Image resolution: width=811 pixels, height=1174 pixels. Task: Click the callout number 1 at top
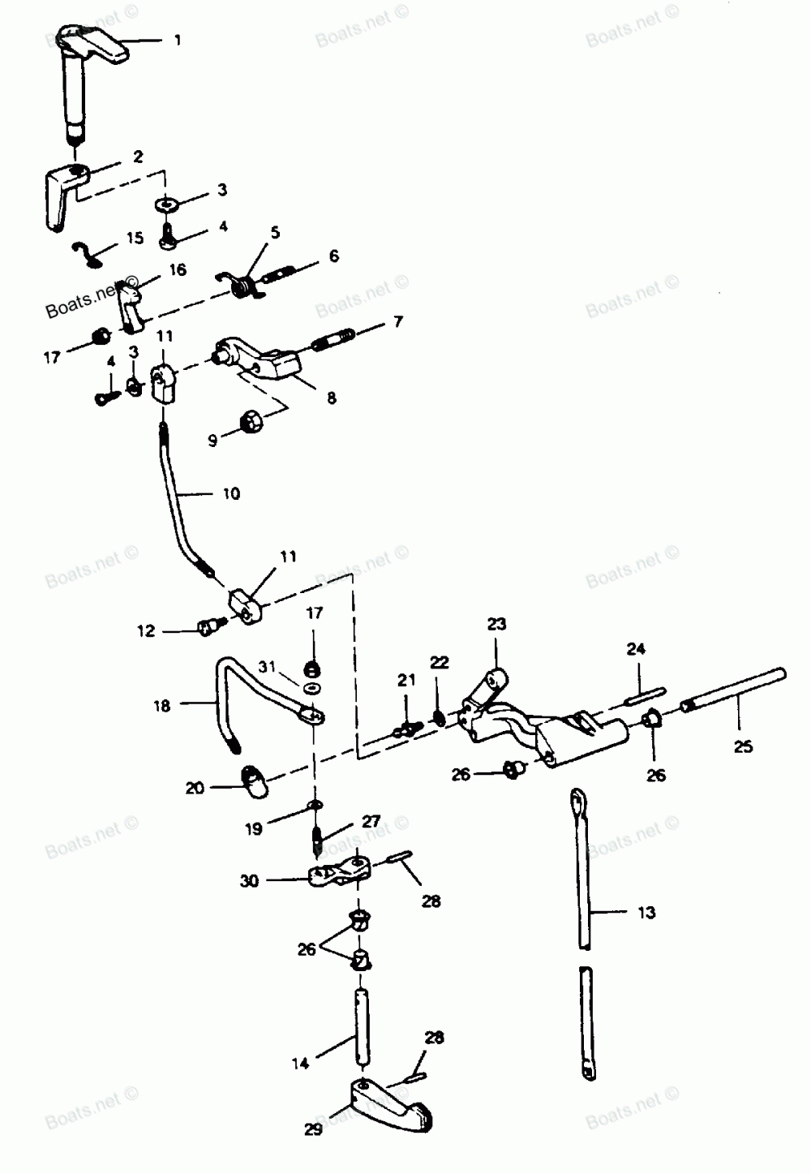point(178,40)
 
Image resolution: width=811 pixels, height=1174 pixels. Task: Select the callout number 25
point(743,746)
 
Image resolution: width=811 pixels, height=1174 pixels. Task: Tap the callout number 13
point(646,913)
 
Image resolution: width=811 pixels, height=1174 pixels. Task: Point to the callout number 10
point(231,493)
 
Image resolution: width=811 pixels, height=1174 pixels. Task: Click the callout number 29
point(313,1129)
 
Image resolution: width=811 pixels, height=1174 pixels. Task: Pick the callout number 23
point(496,624)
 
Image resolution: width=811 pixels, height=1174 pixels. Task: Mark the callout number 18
point(162,706)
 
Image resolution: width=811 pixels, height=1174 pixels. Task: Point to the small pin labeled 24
point(645,694)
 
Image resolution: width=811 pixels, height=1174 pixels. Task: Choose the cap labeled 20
point(256,781)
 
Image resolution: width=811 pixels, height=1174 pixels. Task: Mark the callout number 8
point(331,398)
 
